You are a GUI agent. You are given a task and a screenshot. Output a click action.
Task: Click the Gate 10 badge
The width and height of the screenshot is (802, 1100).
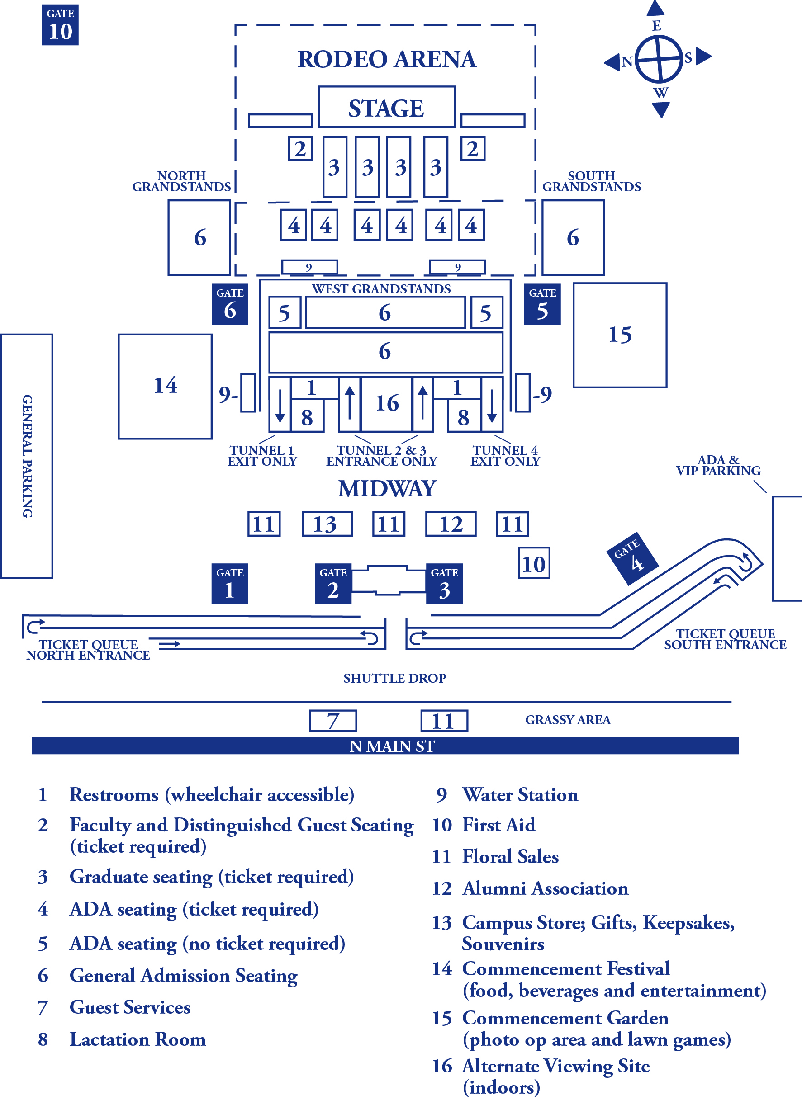pos(60,25)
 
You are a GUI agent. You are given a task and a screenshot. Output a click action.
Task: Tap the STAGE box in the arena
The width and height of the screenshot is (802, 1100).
pos(386,107)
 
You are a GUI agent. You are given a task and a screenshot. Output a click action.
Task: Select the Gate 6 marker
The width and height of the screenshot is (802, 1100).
pos(230,304)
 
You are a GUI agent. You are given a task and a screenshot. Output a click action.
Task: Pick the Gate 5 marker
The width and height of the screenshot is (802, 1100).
pos(542,304)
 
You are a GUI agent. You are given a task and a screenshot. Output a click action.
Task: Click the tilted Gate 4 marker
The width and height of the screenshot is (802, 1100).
pos(632,558)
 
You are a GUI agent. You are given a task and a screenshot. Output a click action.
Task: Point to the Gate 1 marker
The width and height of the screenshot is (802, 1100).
pos(230,584)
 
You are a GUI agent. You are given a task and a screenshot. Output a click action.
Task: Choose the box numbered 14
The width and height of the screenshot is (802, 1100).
pos(165,386)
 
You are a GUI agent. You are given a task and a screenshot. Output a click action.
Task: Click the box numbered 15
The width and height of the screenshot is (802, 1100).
pos(620,335)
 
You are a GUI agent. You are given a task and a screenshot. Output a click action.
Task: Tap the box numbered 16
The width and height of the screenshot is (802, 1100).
pos(387,404)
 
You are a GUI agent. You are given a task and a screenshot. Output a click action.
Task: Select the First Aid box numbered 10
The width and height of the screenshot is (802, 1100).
pos(534,563)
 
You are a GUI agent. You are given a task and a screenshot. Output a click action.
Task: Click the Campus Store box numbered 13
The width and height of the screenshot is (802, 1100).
pos(327,524)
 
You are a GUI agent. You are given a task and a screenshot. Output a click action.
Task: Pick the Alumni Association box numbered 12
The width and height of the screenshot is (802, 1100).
pos(451,524)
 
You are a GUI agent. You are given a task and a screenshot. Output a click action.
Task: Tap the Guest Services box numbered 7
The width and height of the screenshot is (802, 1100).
pos(333,721)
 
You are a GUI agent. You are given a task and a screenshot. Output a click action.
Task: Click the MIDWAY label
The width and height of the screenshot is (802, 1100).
pos(387,489)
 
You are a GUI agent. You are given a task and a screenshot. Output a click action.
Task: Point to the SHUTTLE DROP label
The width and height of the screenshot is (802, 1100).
pos(394,678)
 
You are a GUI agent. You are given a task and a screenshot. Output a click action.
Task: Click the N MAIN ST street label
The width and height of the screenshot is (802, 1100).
pos(392,746)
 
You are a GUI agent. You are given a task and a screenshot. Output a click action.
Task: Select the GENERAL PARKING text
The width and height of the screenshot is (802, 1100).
pos(27,456)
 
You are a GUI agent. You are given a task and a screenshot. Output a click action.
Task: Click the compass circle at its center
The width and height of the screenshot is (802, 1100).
pos(659,59)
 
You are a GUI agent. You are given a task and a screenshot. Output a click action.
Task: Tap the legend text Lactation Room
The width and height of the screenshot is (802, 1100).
pos(138,1039)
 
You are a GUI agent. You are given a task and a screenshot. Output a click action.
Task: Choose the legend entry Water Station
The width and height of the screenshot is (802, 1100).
pos(520,795)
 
